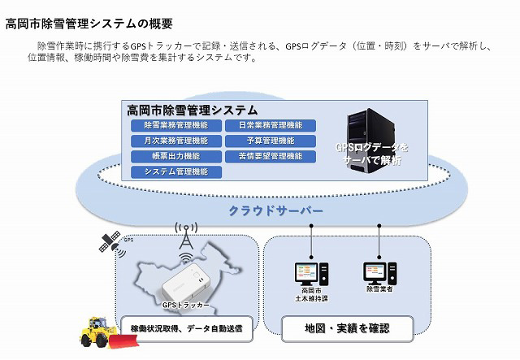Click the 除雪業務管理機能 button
[x=175, y=125]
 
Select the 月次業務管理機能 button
[x=175, y=141]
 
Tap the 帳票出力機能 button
[x=175, y=156]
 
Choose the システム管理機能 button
[x=175, y=171]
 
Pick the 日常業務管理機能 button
[x=270, y=125]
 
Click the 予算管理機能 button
[x=270, y=141]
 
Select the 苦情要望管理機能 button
[x=270, y=156]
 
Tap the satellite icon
[x=110, y=241]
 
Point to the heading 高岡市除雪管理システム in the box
[x=193, y=110]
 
